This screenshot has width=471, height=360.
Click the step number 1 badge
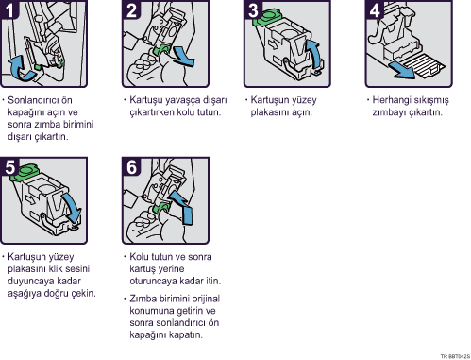[9, 9]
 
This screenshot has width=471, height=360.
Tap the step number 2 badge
[131, 9]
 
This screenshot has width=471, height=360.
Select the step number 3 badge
[253, 9]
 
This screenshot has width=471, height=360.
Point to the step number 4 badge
[375, 9]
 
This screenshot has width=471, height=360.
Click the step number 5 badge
[9, 166]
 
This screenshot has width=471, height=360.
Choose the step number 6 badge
[131, 166]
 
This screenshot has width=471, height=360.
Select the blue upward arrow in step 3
[315, 55]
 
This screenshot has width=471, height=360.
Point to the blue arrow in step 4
[402, 70]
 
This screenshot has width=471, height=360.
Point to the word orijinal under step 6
[206, 299]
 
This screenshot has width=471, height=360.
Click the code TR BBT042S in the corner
[455, 356]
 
